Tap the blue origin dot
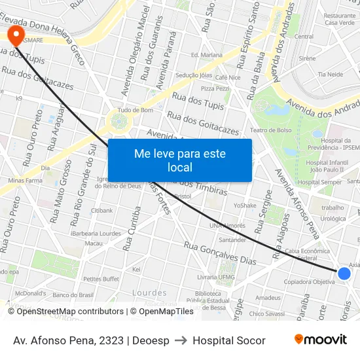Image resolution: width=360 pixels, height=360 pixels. click(344, 274)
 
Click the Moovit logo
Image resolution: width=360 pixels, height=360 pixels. click(320, 340)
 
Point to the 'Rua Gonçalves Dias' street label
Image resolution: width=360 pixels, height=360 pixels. click(220, 253)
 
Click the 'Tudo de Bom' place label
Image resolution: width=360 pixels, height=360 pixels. click(135, 110)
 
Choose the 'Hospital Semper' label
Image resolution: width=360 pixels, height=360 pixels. click(319, 182)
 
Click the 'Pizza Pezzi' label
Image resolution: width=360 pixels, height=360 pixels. click(215, 88)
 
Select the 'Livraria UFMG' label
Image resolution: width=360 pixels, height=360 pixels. click(215, 277)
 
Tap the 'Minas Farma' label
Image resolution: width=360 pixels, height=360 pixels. click(25, 180)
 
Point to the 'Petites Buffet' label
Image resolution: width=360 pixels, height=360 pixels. click(101, 279)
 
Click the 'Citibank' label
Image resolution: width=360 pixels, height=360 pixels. click(102, 211)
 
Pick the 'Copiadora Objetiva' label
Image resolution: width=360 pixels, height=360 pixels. click(310, 282)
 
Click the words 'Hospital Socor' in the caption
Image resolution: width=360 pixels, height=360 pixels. click(229, 340)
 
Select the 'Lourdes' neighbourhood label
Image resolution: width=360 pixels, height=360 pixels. click(149, 293)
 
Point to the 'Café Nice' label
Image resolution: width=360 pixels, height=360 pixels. click(228, 77)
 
